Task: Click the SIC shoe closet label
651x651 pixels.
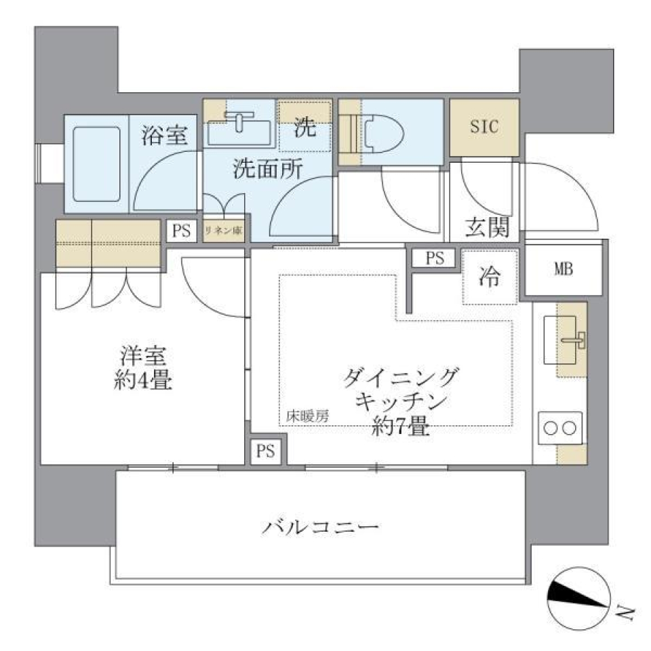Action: (484, 126)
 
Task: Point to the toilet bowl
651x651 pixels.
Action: (383, 130)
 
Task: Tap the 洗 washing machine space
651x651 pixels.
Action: (304, 127)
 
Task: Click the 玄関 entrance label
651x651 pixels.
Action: (487, 228)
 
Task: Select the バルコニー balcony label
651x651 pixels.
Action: (319, 527)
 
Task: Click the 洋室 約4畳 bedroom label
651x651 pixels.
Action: (142, 368)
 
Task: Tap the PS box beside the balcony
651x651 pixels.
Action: (266, 452)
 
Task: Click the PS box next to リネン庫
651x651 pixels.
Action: (181, 231)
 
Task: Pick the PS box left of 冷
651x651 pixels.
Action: (434, 258)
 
